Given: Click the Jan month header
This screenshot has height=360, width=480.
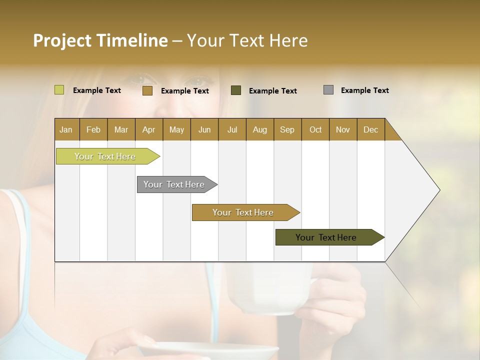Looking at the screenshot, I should pyautogui.click(x=66, y=130).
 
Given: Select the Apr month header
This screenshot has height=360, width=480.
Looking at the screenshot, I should pyautogui.click(x=148, y=130).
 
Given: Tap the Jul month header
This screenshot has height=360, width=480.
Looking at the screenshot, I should pyautogui.click(x=232, y=130).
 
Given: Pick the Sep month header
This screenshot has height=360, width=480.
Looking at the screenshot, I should pyautogui.click(x=287, y=130).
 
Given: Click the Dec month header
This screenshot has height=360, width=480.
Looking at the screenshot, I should pyautogui.click(x=370, y=130).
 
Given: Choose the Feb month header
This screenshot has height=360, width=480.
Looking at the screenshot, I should pyautogui.click(x=93, y=130).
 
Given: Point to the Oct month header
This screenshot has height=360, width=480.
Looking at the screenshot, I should pyautogui.click(x=315, y=130).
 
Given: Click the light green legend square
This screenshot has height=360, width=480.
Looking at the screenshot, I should pyautogui.click(x=59, y=90).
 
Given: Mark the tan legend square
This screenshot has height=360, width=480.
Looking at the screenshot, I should pyautogui.click(x=147, y=90).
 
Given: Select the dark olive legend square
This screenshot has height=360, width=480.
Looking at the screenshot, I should pyautogui.click(x=236, y=90).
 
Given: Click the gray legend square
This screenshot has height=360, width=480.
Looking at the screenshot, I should pyautogui.click(x=328, y=90).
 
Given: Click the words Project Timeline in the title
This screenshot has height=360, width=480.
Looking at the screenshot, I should pyautogui.click(x=100, y=40).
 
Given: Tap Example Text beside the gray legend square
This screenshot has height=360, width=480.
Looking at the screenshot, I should pyautogui.click(x=364, y=90).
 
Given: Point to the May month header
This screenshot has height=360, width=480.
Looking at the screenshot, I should pyautogui.click(x=176, y=130).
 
